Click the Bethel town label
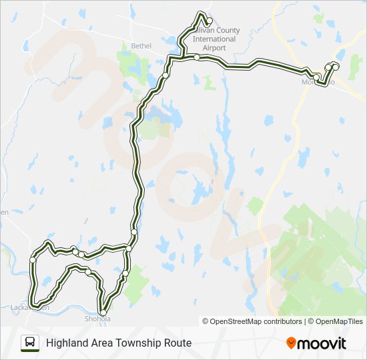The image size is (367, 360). click(x=141, y=46)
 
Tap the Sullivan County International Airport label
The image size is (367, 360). click(x=214, y=39)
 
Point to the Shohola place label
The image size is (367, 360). click(x=98, y=319)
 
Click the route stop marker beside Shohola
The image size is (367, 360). click(x=103, y=313)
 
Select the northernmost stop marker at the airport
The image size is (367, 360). click(x=209, y=20)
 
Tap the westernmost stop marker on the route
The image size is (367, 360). click(x=32, y=259)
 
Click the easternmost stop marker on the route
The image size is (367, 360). click(x=335, y=67)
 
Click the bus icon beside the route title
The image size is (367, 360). click(x=30, y=343)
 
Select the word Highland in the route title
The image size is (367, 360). click(x=65, y=343)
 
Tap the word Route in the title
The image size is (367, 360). click(x=178, y=343)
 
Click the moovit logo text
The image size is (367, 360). click(x=322, y=343)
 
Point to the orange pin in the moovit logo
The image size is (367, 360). click(x=291, y=343)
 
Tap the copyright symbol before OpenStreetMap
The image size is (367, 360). click(x=206, y=321)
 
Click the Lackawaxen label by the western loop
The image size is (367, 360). click(x=30, y=307)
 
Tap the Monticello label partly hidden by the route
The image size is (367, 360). click(x=317, y=81)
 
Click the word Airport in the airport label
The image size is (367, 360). click(x=214, y=48)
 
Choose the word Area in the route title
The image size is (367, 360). click(x=98, y=343)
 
